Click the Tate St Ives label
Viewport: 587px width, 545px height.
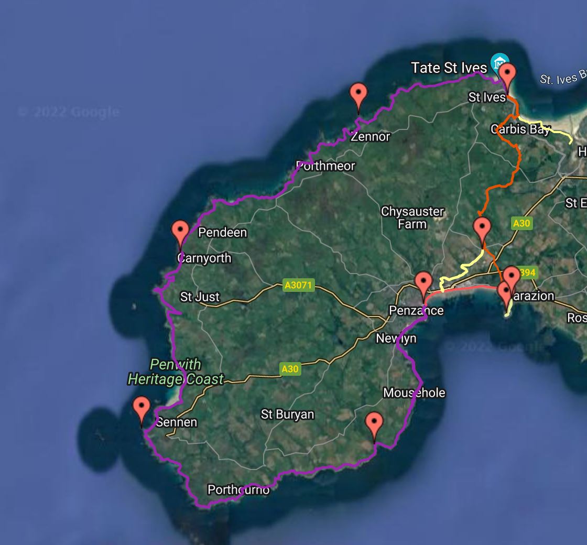point(449,68)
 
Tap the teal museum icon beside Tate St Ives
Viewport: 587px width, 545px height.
point(499,63)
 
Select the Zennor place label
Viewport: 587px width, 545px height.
point(371,137)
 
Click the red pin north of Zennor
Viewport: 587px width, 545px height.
point(358,96)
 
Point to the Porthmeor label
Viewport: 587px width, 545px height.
point(325,166)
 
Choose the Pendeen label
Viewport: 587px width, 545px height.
point(222,232)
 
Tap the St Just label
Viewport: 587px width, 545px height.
point(200,297)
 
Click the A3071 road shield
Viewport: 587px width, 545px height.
point(298,286)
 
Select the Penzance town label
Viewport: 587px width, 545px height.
point(416,310)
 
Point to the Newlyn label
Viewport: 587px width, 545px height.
point(396,339)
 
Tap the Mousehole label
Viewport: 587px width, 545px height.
point(414,393)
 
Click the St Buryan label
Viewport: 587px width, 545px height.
point(287,415)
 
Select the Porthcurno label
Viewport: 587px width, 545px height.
point(238,490)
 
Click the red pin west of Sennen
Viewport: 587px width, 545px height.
point(142,409)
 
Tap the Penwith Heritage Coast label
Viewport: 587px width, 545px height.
point(176,372)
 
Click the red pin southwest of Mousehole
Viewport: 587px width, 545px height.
point(374,424)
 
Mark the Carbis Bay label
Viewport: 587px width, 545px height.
point(520,129)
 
